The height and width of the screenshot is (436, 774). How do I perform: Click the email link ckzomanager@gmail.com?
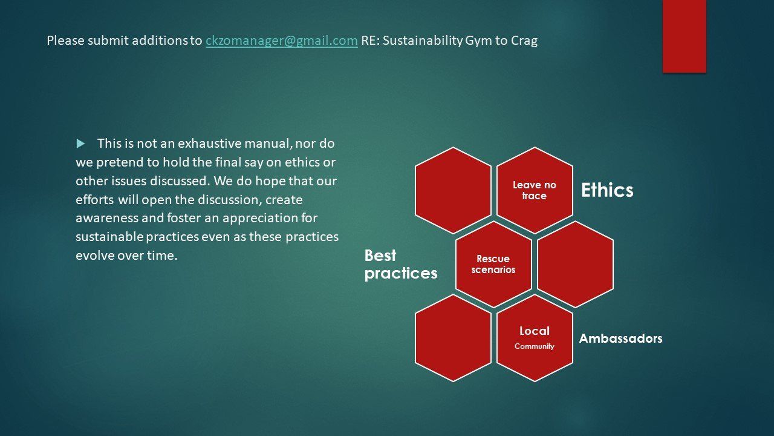coord(281,41)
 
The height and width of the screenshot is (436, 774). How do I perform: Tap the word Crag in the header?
coord(524,41)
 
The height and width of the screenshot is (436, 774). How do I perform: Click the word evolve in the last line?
coord(94,255)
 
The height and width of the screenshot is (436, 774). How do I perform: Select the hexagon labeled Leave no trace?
coord(534,190)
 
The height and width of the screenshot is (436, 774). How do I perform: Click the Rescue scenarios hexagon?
coord(493,264)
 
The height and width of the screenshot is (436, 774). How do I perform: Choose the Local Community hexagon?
coord(534,338)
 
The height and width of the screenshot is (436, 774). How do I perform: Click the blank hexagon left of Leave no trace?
coord(453,190)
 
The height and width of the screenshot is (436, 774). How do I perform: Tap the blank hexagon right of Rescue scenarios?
coord(575,264)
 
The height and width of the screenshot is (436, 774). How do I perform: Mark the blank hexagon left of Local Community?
coord(453,338)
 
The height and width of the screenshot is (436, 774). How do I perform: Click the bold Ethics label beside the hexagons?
coord(607,190)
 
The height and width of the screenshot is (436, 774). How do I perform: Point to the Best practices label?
coord(400,264)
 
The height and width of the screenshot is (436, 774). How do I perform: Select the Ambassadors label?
coord(620,339)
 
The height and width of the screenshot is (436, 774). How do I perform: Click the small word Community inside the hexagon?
coord(534,346)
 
